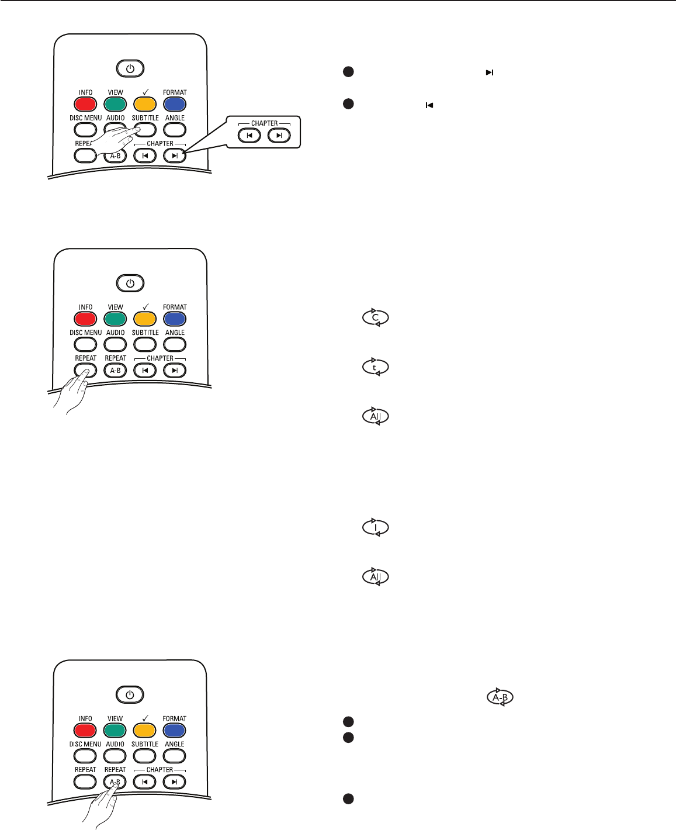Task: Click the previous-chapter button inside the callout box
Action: pyautogui.click(x=249, y=136)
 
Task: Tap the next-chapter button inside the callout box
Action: pyautogui.click(x=279, y=136)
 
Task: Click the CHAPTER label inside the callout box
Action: pyautogui.click(x=264, y=123)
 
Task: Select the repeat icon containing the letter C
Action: pyautogui.click(x=376, y=318)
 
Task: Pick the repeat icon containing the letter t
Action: pyautogui.click(x=376, y=368)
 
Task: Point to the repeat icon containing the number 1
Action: pyautogui.click(x=376, y=528)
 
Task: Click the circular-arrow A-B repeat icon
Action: pyautogui.click(x=500, y=697)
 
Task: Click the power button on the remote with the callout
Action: pyautogui.click(x=130, y=69)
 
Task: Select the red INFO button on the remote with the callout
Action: pyautogui.click(x=85, y=104)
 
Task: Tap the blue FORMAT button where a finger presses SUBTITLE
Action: pyautogui.click(x=174, y=104)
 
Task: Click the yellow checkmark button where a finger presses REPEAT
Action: pyautogui.click(x=145, y=319)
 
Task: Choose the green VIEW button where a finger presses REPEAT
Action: pyautogui.click(x=115, y=319)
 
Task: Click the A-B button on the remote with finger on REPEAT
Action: pyautogui.click(x=115, y=370)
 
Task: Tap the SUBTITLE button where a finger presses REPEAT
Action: pyautogui.click(x=145, y=344)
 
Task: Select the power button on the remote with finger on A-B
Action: pyautogui.click(x=130, y=695)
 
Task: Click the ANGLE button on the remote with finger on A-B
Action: pyautogui.click(x=174, y=756)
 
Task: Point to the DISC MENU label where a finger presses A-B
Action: pyautogui.click(x=85, y=744)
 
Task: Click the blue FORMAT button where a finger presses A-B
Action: pyautogui.click(x=174, y=730)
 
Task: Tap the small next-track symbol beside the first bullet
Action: pyautogui.click(x=490, y=72)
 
